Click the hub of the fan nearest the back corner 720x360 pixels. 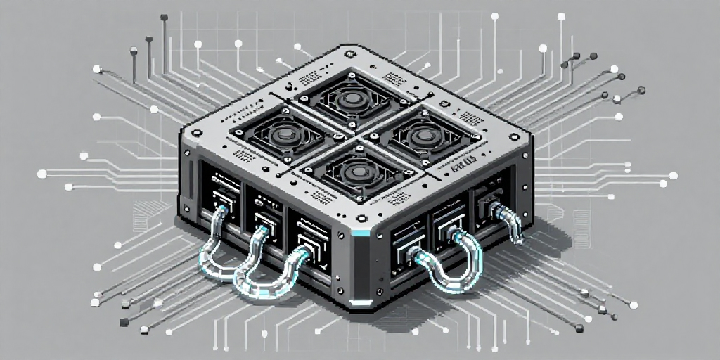349,100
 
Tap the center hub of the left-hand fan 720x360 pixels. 285,134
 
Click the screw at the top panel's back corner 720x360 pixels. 349,51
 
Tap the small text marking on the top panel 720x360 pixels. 465,169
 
